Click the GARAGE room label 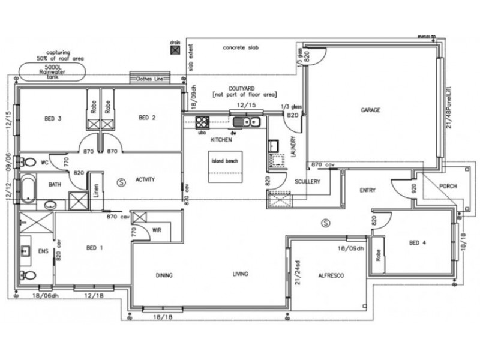372,110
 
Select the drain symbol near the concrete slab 175,51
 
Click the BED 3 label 53,118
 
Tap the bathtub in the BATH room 28,188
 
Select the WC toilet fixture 28,162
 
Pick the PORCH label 448,187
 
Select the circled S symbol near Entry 325,223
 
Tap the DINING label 164,275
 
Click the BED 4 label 418,243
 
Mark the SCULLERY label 307,181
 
